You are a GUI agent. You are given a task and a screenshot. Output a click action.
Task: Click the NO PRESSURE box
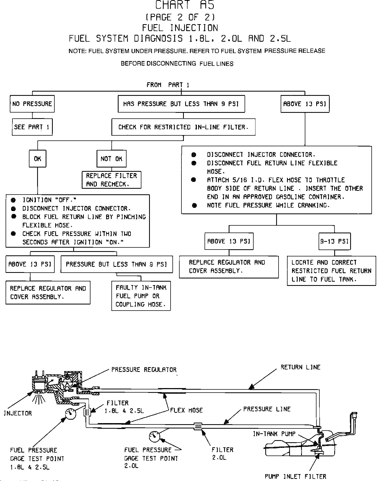pyautogui.click(x=32, y=104)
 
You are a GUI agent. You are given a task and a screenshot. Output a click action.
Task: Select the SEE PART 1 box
pyautogui.click(x=32, y=127)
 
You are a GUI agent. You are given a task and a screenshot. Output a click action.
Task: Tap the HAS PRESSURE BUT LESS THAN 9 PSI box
pyautogui.click(x=181, y=104)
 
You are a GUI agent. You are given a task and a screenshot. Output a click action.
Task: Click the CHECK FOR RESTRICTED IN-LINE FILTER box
pyautogui.click(x=183, y=127)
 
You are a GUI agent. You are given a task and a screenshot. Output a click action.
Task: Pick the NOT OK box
pyautogui.click(x=111, y=159)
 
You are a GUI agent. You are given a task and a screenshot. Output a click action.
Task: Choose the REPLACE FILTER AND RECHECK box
pyautogui.click(x=111, y=180)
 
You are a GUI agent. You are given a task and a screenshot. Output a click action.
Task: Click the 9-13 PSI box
pyautogui.click(x=334, y=241)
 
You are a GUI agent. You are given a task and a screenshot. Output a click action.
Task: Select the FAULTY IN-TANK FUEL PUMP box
pyautogui.click(x=141, y=296)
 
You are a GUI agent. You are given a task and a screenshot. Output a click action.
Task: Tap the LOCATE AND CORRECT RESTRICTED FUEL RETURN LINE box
pyautogui.click(x=331, y=271)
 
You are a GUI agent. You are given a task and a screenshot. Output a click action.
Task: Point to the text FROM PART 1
pyautogui.click(x=168, y=85)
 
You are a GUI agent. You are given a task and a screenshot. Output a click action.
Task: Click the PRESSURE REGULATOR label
pyautogui.click(x=144, y=370)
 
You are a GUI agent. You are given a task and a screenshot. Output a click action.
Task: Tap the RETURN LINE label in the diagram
pyautogui.click(x=300, y=367)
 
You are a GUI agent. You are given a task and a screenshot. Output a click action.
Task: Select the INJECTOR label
pyautogui.click(x=18, y=413)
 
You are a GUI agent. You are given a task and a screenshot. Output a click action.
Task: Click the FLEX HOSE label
pyautogui.click(x=186, y=410)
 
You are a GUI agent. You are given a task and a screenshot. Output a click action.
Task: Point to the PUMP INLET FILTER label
pyautogui.click(x=295, y=476)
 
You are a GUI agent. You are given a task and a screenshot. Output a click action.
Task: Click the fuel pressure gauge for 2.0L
pyautogui.click(x=154, y=437)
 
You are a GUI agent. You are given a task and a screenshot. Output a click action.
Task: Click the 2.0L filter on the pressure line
pyautogui.click(x=198, y=426)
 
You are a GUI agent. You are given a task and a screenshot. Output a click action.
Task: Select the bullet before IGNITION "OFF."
pyautogui.click(x=13, y=200)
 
